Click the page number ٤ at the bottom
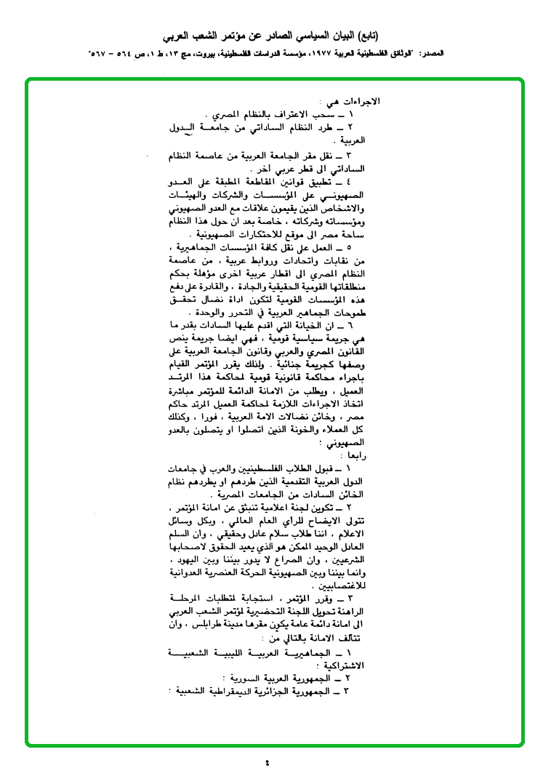click(x=267, y=763)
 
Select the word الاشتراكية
click(x=345, y=664)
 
